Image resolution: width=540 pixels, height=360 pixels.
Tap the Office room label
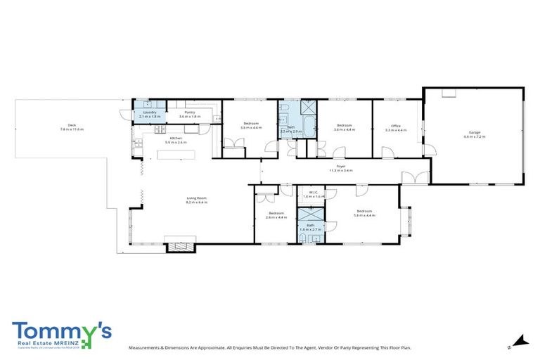click(x=396, y=127)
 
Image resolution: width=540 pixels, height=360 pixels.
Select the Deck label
click(x=71, y=127)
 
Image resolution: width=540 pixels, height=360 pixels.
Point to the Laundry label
click(x=148, y=112)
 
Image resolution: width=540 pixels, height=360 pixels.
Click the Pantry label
click(x=190, y=112)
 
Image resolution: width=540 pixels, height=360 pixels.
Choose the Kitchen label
click(x=156, y=138)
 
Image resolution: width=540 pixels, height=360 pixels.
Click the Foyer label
click(x=340, y=166)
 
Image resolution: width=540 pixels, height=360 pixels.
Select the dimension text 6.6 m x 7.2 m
click(x=474, y=136)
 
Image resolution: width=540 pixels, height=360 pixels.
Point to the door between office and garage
click(x=429, y=149)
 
